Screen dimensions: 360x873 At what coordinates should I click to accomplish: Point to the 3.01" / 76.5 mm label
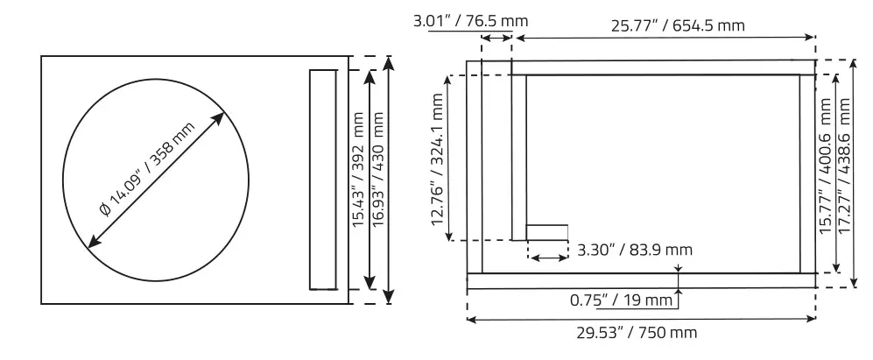[x=470, y=20]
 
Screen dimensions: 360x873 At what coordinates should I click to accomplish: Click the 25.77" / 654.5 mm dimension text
[x=678, y=25]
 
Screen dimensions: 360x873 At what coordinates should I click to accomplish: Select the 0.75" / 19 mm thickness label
[x=621, y=300]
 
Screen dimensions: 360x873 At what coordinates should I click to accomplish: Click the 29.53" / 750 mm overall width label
[x=637, y=333]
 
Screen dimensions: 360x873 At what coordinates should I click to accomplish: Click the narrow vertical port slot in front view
[x=322, y=180]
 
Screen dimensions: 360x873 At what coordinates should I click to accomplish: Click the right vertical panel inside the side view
[x=806, y=173]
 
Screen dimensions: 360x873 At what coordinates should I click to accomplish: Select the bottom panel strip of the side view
[x=640, y=280]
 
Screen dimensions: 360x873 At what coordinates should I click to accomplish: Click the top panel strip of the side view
[x=662, y=67]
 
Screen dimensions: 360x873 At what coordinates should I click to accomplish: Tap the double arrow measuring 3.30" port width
[x=548, y=258]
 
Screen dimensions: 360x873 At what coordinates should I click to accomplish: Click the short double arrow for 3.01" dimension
[x=496, y=37]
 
